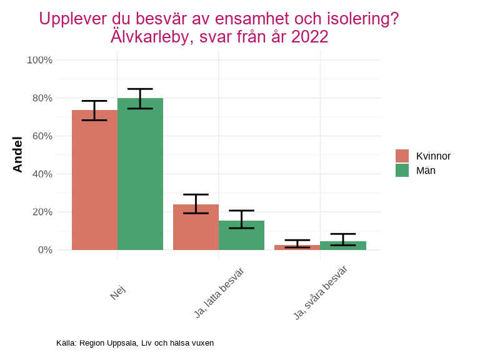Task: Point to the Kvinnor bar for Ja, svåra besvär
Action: click(297, 247)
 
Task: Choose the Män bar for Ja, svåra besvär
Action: click(342, 246)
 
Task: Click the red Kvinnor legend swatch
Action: click(402, 156)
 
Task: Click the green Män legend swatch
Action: click(402, 170)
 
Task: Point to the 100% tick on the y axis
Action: click(39, 60)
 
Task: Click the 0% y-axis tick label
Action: click(44, 250)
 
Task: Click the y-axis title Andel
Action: click(17, 154)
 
